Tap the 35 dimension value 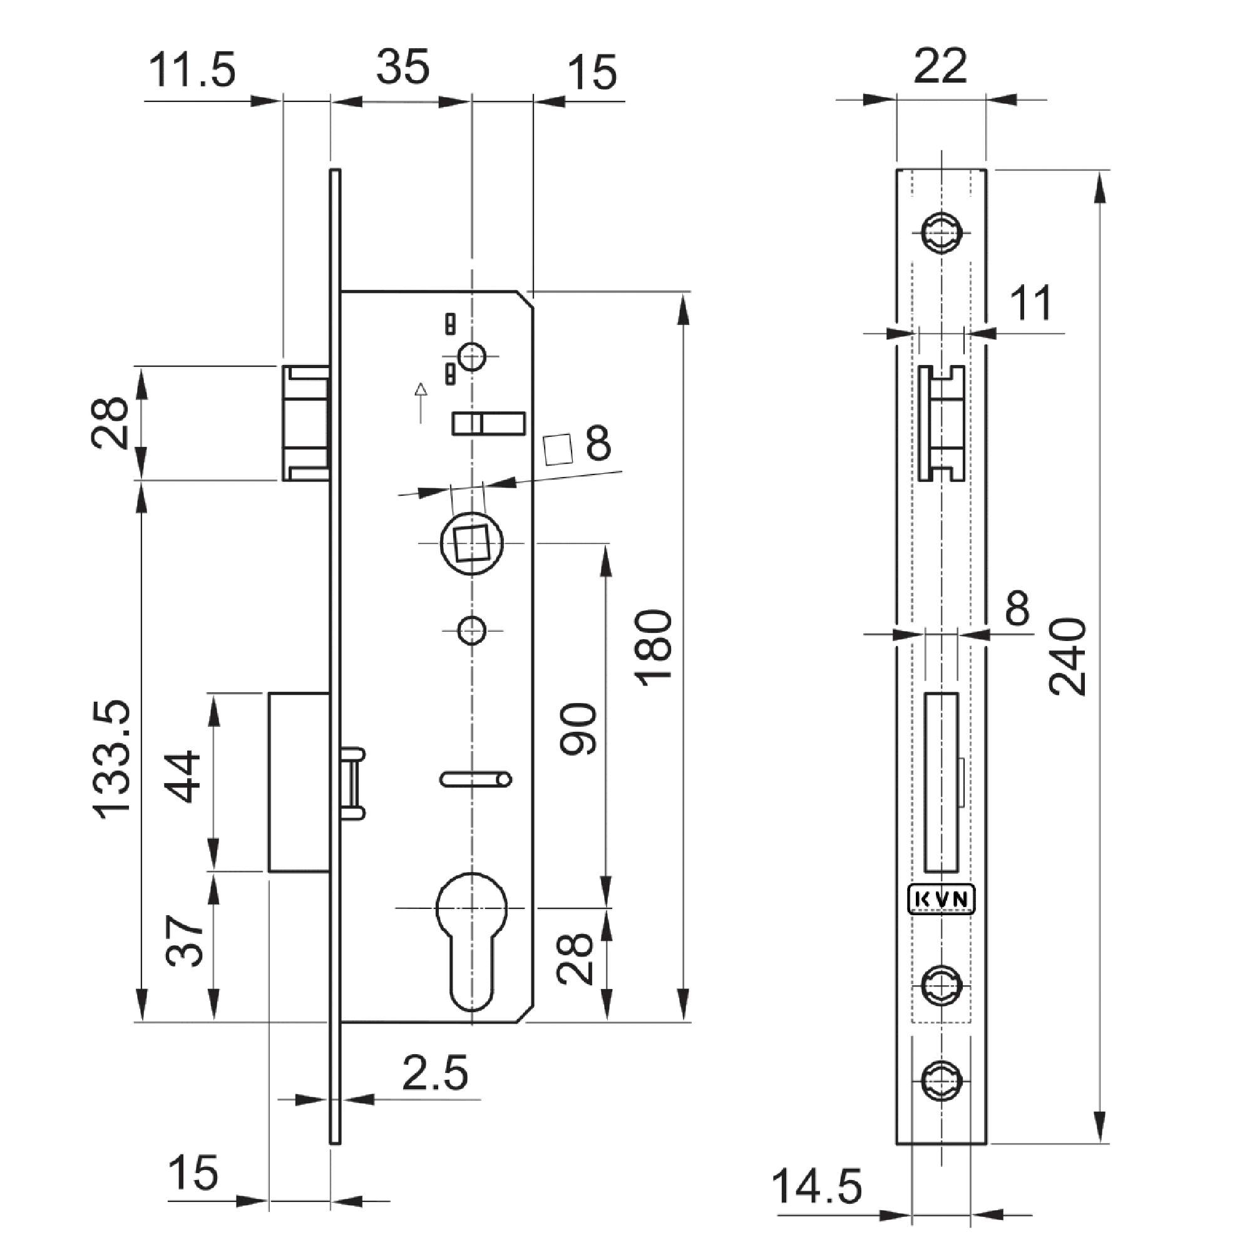403,66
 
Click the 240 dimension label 1068,657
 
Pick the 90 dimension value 577,729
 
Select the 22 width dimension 940,66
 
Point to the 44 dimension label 183,777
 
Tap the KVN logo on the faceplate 941,900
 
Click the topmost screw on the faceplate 941,233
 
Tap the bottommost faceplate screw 941,1081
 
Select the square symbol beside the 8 558,449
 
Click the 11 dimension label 1031,302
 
